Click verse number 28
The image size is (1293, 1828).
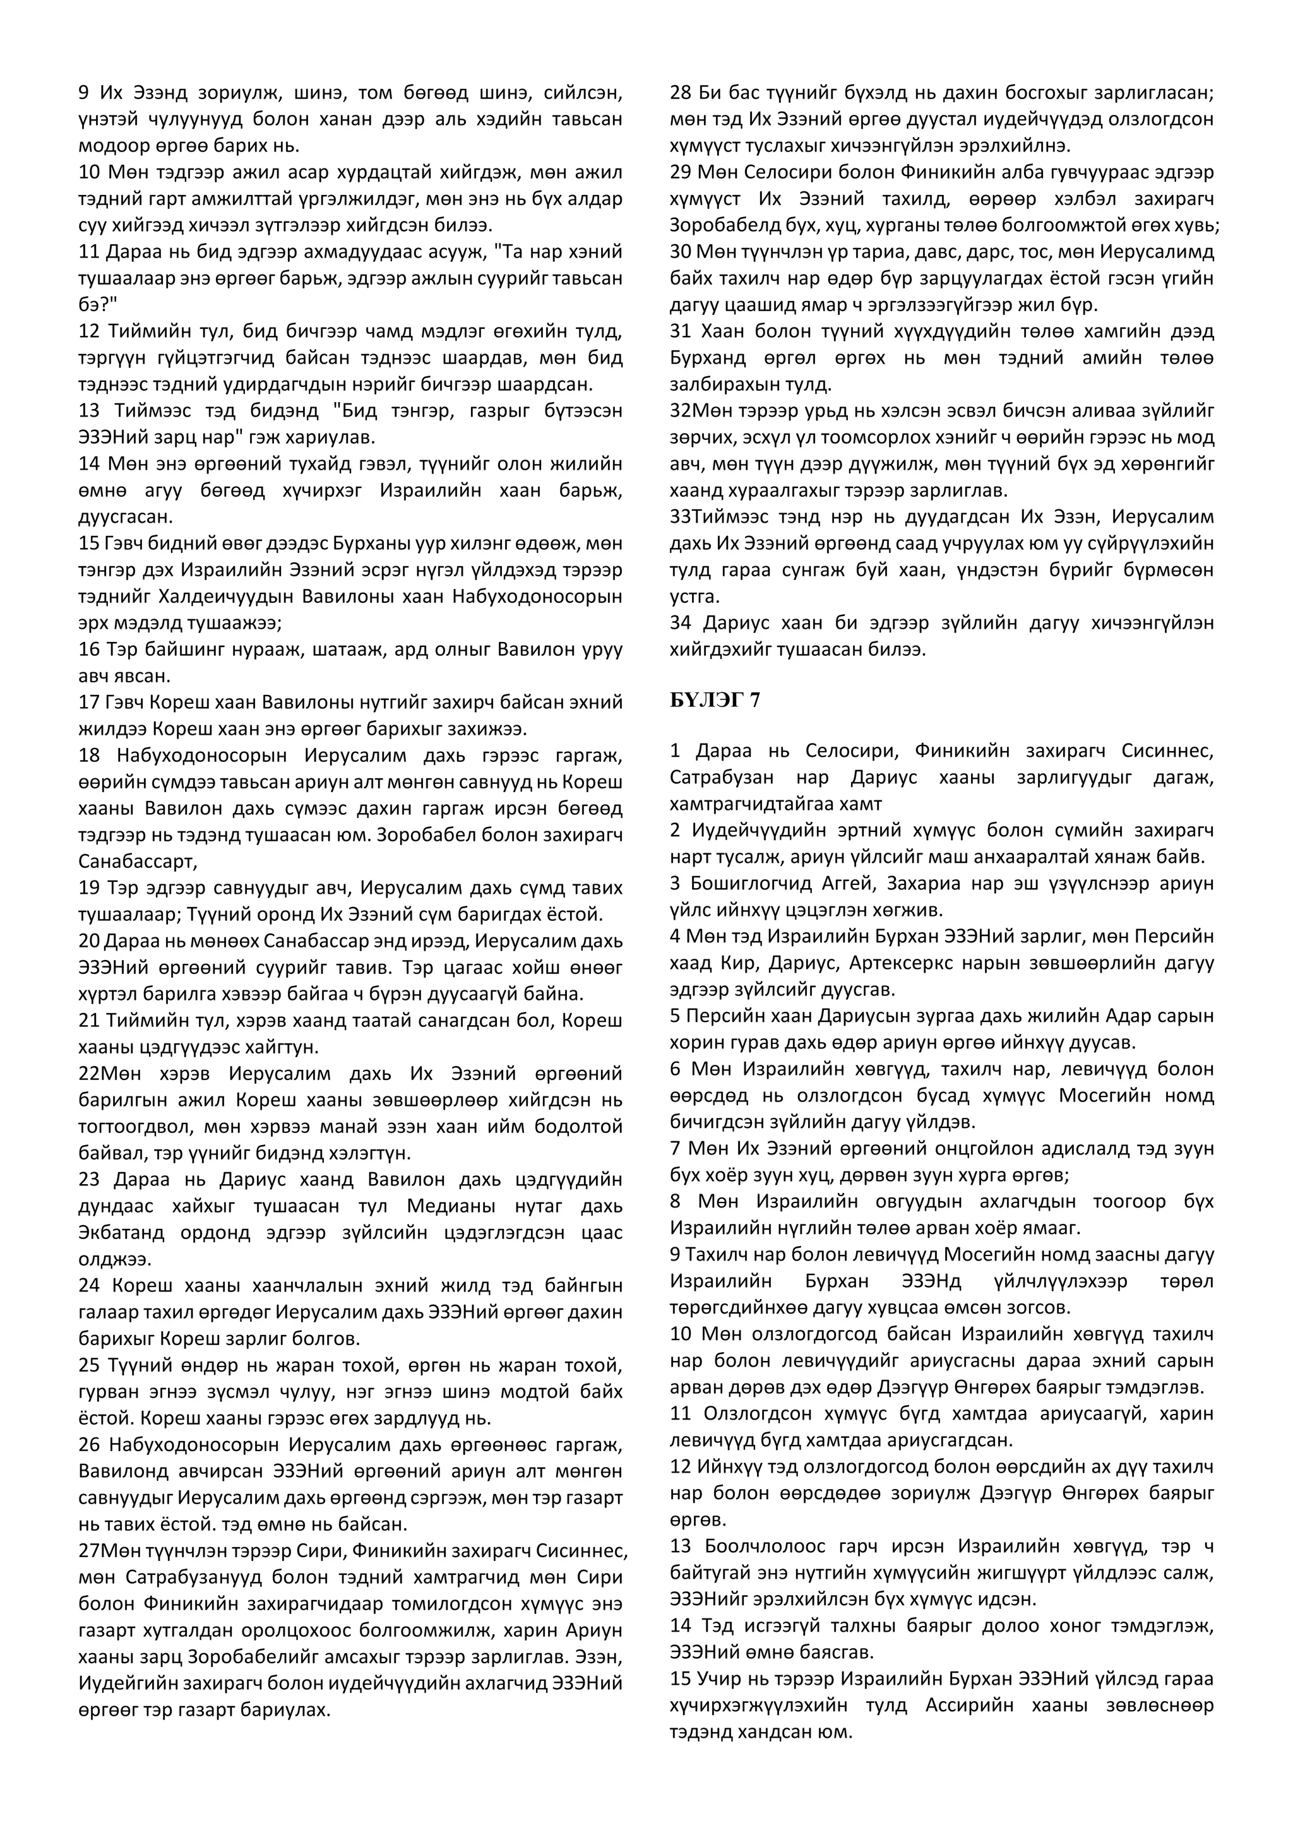coord(681,92)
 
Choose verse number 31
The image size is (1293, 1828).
coord(681,331)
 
